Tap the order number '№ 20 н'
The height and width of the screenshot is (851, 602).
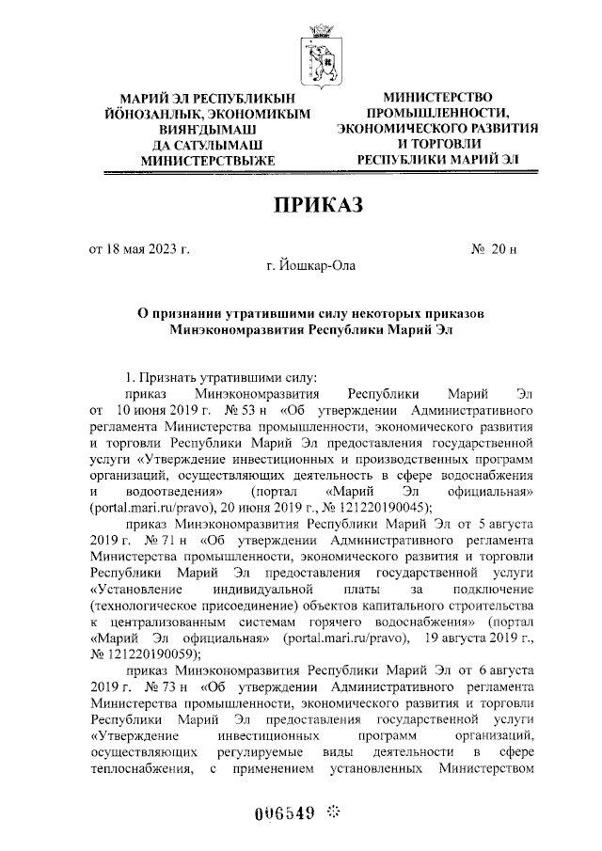pos(493,249)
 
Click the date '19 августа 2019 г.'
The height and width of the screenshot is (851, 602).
pos(481,638)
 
